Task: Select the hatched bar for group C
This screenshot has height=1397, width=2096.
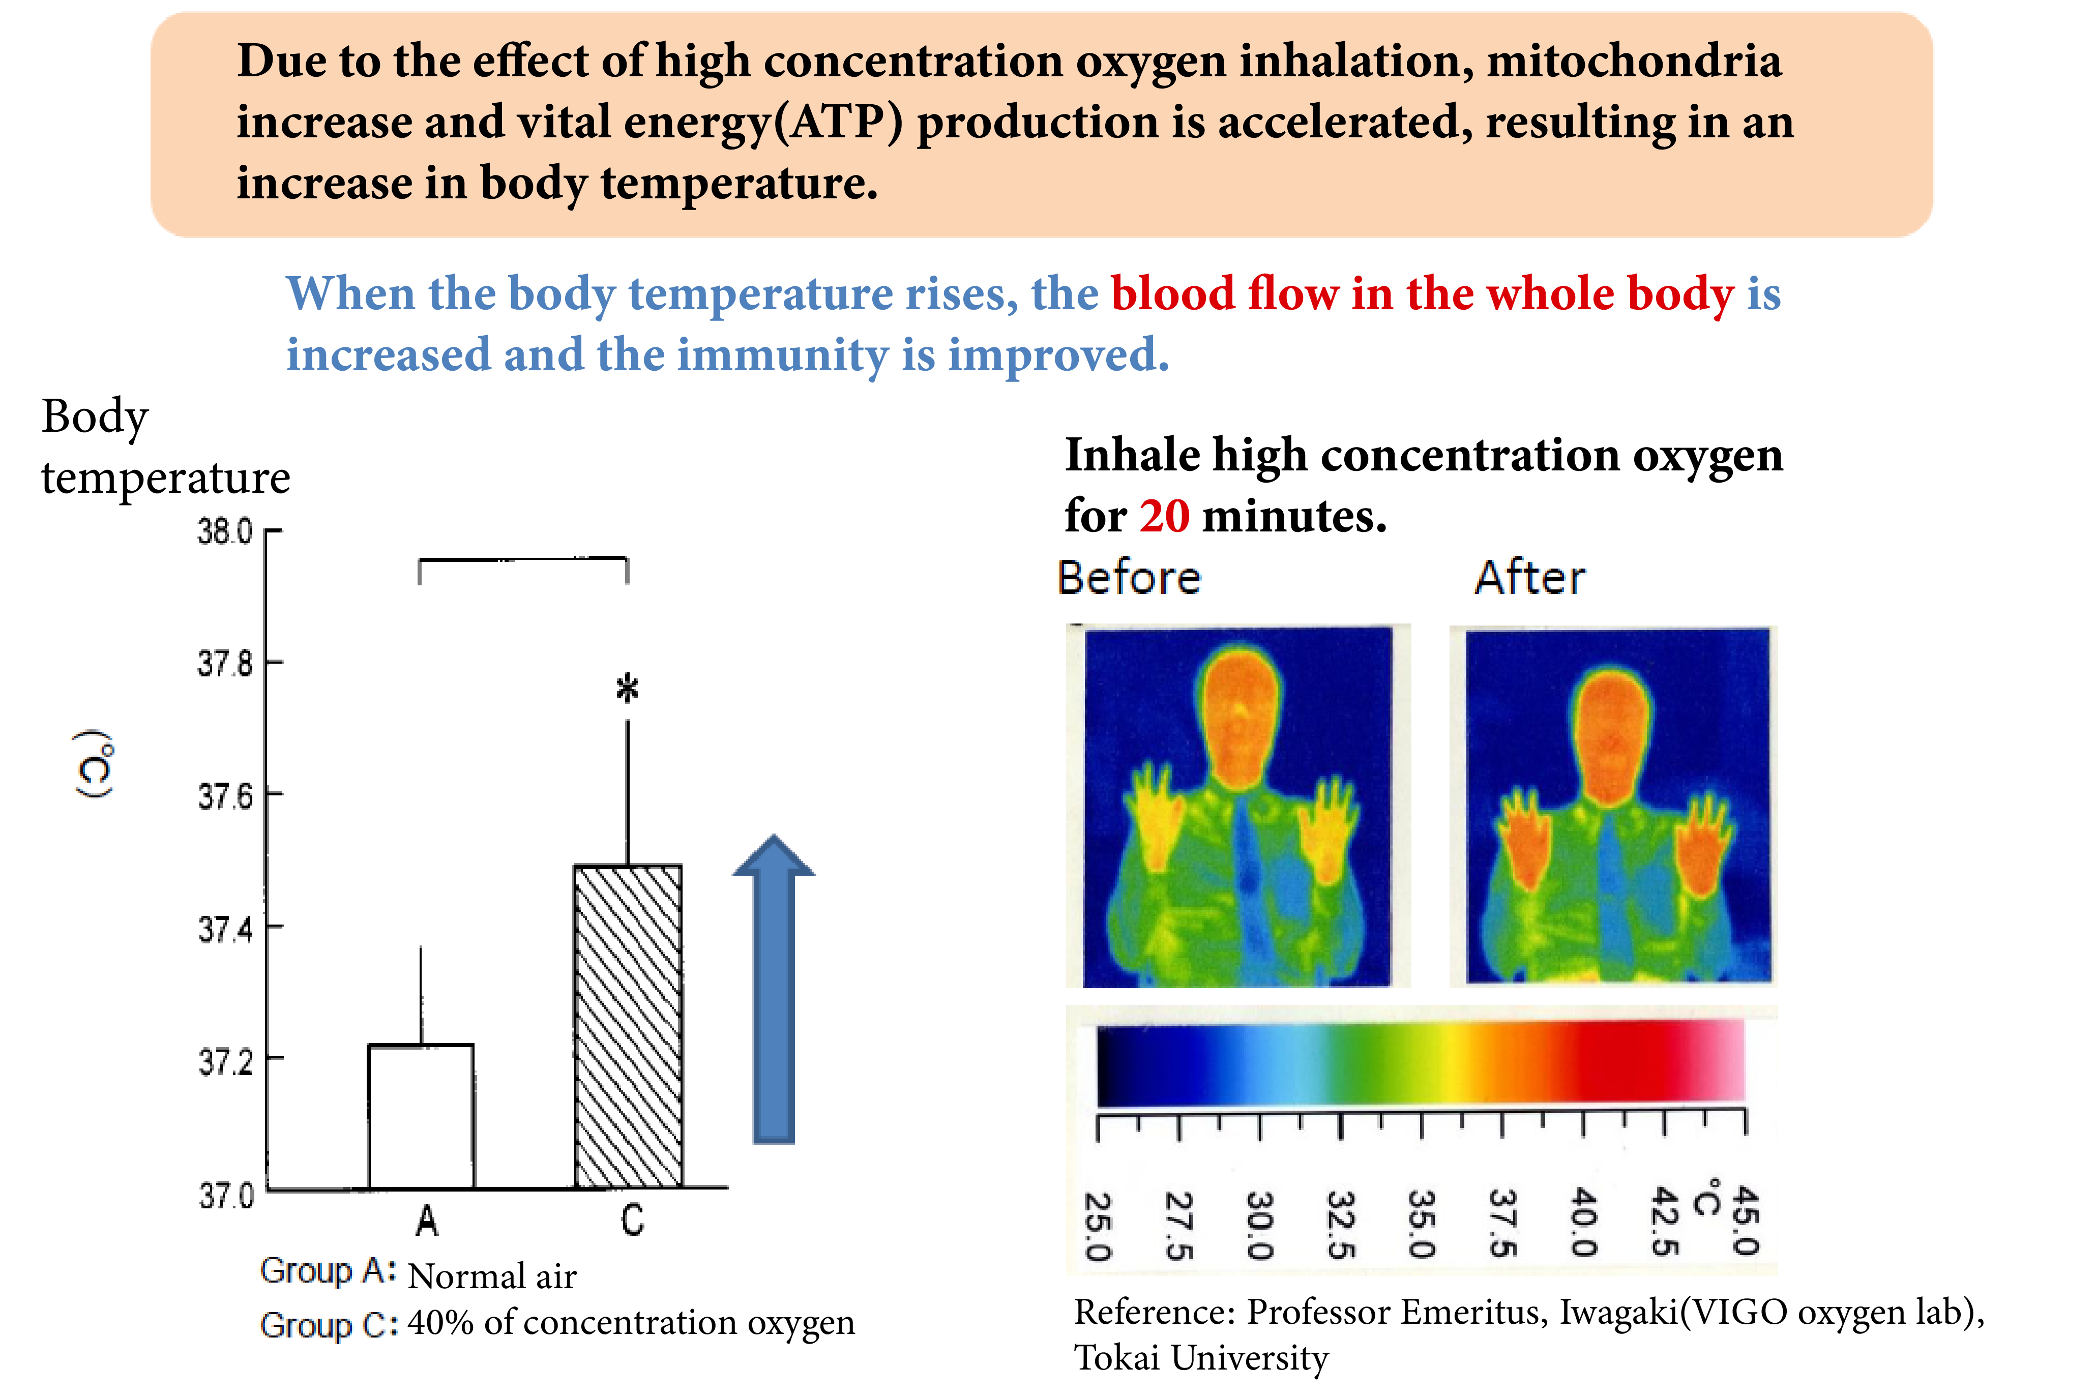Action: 628,1025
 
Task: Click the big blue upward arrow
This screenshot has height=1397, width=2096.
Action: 773,989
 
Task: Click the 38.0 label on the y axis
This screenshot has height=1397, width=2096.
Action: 225,532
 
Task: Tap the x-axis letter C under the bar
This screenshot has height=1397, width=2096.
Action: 632,1220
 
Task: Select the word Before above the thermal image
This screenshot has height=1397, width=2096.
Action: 1129,577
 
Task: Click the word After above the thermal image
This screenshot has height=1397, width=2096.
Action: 1529,577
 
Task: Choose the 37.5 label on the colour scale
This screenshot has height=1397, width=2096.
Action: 1503,1223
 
